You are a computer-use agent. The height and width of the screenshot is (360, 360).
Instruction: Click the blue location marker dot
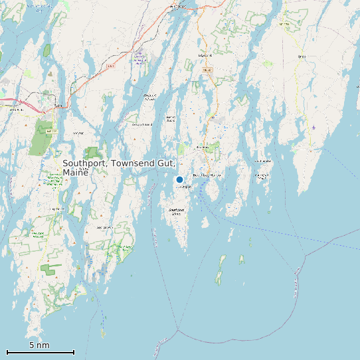pyautogui.click(x=179, y=179)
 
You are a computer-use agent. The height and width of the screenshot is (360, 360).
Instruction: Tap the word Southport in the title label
pyautogui.click(x=86, y=163)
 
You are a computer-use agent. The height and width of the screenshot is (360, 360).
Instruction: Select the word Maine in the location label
pyautogui.click(x=75, y=173)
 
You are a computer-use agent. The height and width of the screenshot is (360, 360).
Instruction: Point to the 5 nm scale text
pyautogui.click(x=39, y=345)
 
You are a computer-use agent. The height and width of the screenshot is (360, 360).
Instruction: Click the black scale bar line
pyautogui.click(x=40, y=352)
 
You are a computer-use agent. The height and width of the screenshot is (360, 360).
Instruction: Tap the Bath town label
pyautogui.click(x=58, y=105)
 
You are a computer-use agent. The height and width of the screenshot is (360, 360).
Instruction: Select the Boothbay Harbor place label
pyautogui.click(x=206, y=175)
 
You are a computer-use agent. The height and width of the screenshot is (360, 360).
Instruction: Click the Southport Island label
pyautogui.click(x=176, y=211)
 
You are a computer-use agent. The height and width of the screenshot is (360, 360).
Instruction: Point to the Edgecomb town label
pyautogui.click(x=205, y=55)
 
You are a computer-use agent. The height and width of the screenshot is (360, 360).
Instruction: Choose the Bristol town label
pyautogui.click(x=302, y=57)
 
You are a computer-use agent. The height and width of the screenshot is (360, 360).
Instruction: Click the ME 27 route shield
pyautogui.click(x=207, y=69)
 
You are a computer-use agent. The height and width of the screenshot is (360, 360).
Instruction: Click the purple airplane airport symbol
pyautogui.click(x=314, y=127)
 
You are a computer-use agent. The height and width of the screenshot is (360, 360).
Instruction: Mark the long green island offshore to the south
pyautogui.click(x=220, y=269)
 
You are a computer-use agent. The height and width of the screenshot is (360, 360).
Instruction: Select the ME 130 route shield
pyautogui.click(x=284, y=24)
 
